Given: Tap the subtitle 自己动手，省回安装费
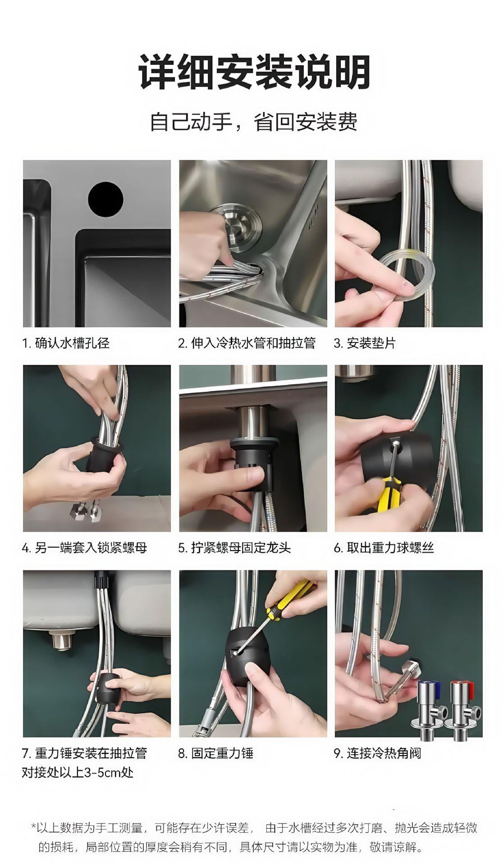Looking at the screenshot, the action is click(254, 122).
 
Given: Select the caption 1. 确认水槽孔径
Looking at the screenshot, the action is click(66, 343).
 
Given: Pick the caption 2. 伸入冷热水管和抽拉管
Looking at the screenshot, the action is click(247, 343).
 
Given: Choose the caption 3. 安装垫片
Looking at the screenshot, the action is click(364, 343).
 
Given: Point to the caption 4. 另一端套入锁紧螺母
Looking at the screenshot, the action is click(85, 548).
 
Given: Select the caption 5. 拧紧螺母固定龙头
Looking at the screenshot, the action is click(234, 548).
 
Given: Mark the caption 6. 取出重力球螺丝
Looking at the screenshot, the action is click(384, 548).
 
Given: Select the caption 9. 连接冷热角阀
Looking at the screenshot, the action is click(377, 753).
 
